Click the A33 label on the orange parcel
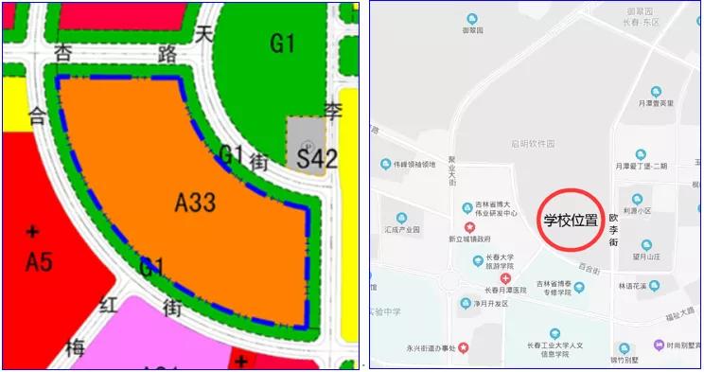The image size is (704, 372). pyautogui.click(x=196, y=201)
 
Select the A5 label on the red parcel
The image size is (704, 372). pyautogui.click(x=38, y=261)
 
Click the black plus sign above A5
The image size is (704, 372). pyautogui.click(x=34, y=231)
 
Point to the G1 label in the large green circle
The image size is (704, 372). pyautogui.click(x=283, y=44)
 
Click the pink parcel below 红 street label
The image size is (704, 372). pyautogui.click(x=170, y=336)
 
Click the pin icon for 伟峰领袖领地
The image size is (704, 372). pyautogui.click(x=385, y=165)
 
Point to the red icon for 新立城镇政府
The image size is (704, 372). pyautogui.click(x=467, y=227)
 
